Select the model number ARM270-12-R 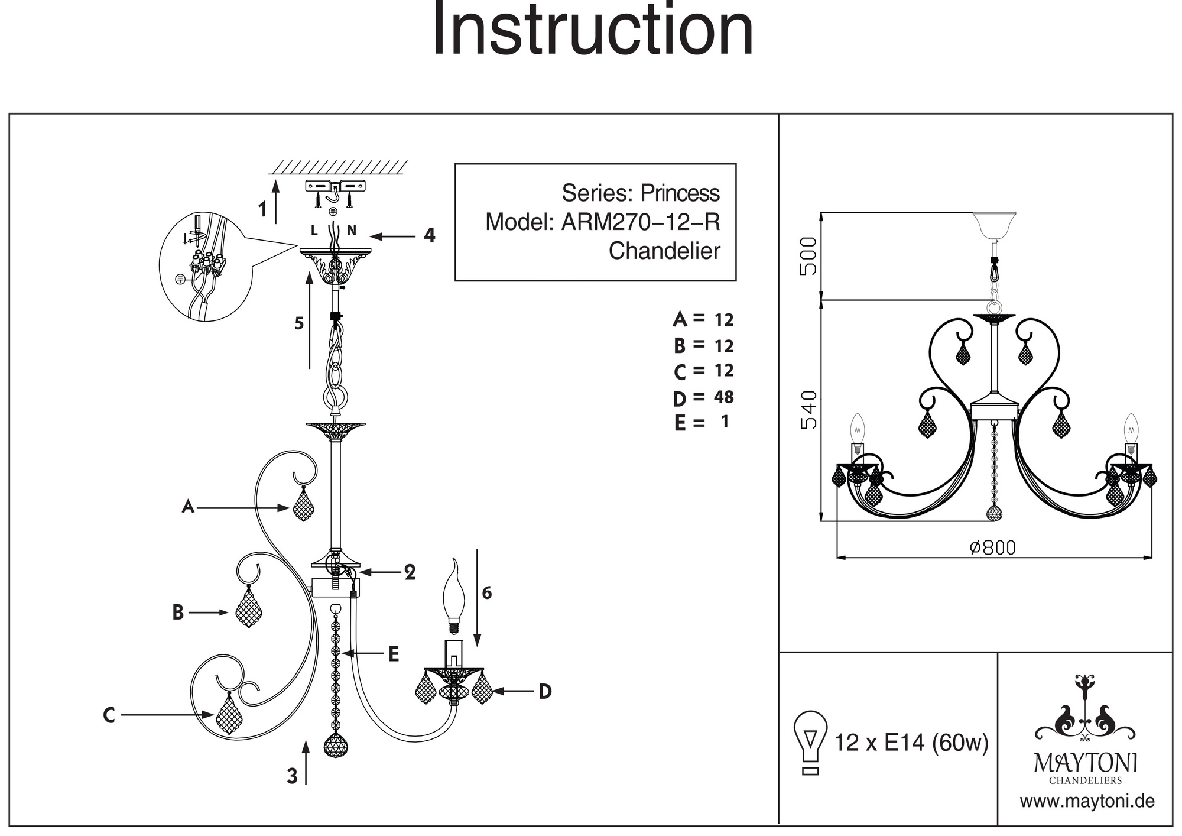pos(640,222)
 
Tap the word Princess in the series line pos(680,193)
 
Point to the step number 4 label pos(430,236)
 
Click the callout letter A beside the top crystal pos(188,507)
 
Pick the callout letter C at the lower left pos(109,715)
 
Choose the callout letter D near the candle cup pos(545,691)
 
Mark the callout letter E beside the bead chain pos(393,654)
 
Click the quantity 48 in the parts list pos(723,397)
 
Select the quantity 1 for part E pos(725,422)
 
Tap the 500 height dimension pos(808,256)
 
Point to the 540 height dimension pos(808,410)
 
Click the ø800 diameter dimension pos(993,548)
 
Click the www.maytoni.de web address pos(1087,802)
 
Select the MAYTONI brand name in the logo pos(1085,764)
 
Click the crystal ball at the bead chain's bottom pos(336,746)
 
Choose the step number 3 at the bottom pos(292,776)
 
